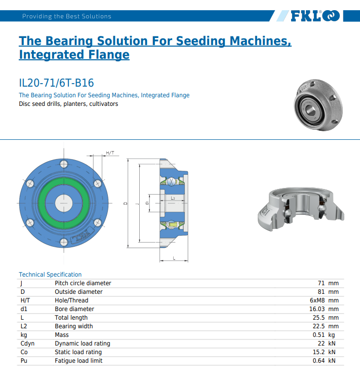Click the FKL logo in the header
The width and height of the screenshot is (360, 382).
click(315, 16)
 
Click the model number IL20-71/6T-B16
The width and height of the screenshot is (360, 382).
click(56, 83)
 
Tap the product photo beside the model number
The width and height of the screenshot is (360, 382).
click(318, 105)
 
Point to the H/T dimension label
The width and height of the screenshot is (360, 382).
click(110, 153)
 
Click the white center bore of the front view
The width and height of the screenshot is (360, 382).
click(64, 203)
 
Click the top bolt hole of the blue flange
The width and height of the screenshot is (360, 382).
click(64, 164)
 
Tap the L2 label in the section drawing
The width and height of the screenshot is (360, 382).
click(173, 198)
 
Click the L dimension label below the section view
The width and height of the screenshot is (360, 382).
click(174, 258)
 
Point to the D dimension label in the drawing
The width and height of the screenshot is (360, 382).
click(126, 203)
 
